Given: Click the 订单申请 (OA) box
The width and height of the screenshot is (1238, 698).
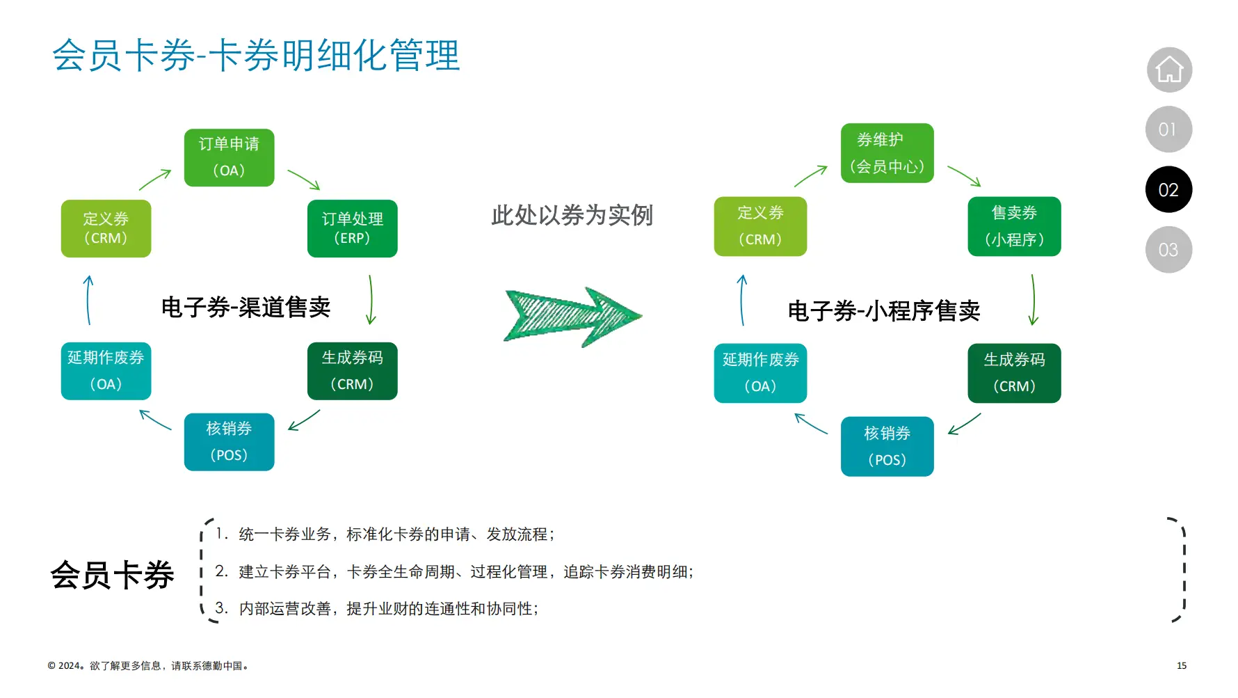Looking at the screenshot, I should coord(229,157).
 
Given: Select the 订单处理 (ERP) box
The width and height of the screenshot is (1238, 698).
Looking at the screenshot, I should coord(352,228).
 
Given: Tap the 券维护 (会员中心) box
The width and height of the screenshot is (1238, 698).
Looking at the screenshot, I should coord(887,153).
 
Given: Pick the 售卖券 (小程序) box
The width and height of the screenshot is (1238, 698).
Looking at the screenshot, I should coord(1014,226).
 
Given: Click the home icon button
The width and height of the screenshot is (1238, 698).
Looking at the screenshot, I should coord(1169,70).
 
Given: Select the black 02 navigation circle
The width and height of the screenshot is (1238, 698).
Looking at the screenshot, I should coord(1168,189).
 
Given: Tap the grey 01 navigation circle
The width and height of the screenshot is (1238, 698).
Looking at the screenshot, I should coord(1168,129).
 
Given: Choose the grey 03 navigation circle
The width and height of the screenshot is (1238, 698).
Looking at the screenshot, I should coord(1168,250).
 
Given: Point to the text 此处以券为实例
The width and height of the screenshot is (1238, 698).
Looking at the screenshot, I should coord(572,215).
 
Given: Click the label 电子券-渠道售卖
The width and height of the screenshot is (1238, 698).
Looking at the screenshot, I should coord(246,307).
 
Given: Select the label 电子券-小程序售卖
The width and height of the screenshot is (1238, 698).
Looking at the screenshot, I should coord(883,310).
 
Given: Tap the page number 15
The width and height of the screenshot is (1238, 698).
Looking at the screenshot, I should coord(1181,666).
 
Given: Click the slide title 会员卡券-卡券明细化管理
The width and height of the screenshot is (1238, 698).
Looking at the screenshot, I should coord(256,56).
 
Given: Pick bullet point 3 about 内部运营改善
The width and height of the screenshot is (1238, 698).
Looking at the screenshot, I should coord(388,609).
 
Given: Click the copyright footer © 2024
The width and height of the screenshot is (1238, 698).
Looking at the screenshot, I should coord(148,666).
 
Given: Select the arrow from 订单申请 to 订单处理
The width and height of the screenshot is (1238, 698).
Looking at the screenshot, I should coord(304,180).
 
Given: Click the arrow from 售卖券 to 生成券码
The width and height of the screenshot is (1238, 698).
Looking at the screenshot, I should coord(1034,299).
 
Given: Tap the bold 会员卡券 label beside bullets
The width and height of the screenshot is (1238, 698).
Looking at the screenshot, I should coord(112,576).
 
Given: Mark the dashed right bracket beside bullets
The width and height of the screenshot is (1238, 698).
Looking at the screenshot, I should coord(1180,569).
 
